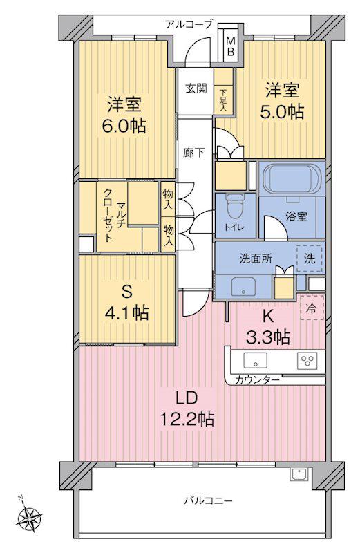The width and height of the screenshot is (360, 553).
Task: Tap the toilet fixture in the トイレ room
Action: pyautogui.click(x=234, y=206)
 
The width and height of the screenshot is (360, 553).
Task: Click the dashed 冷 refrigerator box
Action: pyautogui.click(x=312, y=307)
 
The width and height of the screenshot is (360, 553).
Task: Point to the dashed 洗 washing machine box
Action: pyautogui.click(x=310, y=259)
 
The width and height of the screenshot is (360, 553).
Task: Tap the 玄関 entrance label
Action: pyautogui.click(x=196, y=88)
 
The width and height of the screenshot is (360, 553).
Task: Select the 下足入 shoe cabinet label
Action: pyautogui.click(x=222, y=100)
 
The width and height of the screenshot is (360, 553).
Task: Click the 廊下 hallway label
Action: pyautogui.click(x=194, y=152)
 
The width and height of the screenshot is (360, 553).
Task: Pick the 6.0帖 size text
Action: pyautogui.click(x=124, y=126)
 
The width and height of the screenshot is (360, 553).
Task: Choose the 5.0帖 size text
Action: pyautogui.click(x=282, y=112)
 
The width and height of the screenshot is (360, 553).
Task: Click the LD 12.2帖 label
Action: pyautogui.click(x=187, y=409)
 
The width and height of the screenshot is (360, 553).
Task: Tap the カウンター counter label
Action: pyautogui.click(x=257, y=379)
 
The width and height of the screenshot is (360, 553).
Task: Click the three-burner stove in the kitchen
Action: pyautogui.click(x=307, y=360)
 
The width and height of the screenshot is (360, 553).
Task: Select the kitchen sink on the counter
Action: pyautogui.click(x=255, y=360)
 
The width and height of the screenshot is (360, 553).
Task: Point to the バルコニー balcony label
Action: pyautogui.click(x=209, y=500)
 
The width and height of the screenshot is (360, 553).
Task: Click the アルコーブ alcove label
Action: pyautogui.click(x=189, y=24)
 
